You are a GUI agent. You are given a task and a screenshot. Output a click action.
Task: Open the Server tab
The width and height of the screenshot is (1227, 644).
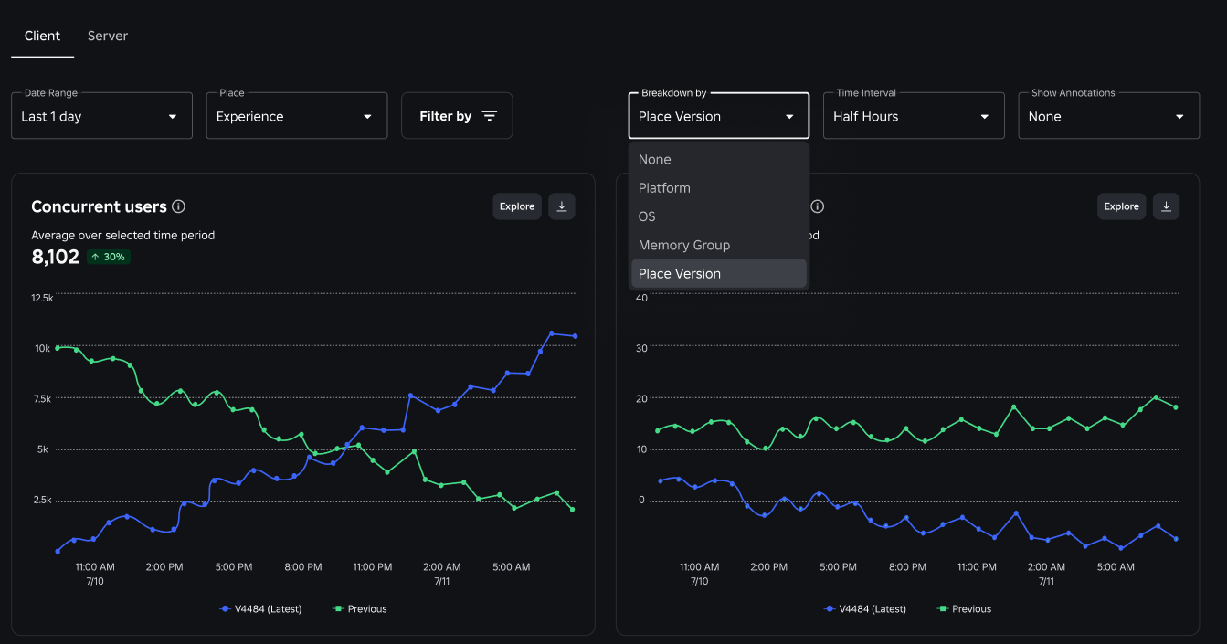coord(108,36)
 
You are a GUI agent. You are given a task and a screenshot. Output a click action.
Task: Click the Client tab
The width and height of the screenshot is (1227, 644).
coord(42,36)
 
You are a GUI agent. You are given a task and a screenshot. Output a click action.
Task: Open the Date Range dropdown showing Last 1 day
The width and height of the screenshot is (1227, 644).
coord(102,115)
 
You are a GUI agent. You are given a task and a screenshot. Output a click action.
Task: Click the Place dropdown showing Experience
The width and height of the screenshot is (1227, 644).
coord(297,115)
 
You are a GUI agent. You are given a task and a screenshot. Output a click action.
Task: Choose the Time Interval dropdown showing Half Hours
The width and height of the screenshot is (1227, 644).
coord(914,115)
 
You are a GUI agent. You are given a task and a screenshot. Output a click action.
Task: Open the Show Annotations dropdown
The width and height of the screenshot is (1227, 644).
coord(1108,115)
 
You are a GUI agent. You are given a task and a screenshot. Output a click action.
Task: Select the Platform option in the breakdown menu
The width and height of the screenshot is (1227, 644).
coord(664,188)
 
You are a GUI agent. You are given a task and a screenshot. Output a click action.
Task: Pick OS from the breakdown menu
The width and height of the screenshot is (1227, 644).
coord(646,216)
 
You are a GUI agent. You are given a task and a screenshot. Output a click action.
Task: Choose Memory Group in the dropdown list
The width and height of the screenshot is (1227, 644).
coord(683,245)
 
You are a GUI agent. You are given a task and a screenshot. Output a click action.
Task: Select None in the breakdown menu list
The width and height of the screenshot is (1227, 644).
coord(654,159)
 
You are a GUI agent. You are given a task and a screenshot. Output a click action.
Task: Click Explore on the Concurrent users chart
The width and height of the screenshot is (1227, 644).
coord(517,206)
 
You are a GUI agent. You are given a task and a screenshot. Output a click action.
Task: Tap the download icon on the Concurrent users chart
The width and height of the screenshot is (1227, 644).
coord(562,206)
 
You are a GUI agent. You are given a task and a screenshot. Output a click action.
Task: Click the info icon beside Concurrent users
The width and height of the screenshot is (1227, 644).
coord(178,206)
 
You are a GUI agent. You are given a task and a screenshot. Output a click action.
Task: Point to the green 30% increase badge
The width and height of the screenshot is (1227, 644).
coord(109,257)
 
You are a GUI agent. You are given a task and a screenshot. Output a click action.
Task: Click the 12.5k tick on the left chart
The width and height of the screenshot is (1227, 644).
coord(42,298)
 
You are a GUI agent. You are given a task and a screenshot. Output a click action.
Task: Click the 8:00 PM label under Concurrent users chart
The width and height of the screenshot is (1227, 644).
coord(303,566)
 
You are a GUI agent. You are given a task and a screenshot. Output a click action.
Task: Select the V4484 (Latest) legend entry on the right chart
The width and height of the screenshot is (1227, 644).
coord(865,609)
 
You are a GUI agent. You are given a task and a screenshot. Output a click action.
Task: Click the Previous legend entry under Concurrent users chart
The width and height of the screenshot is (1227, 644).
coord(360,609)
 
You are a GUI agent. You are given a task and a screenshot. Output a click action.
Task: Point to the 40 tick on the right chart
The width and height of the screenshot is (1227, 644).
coord(641,298)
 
